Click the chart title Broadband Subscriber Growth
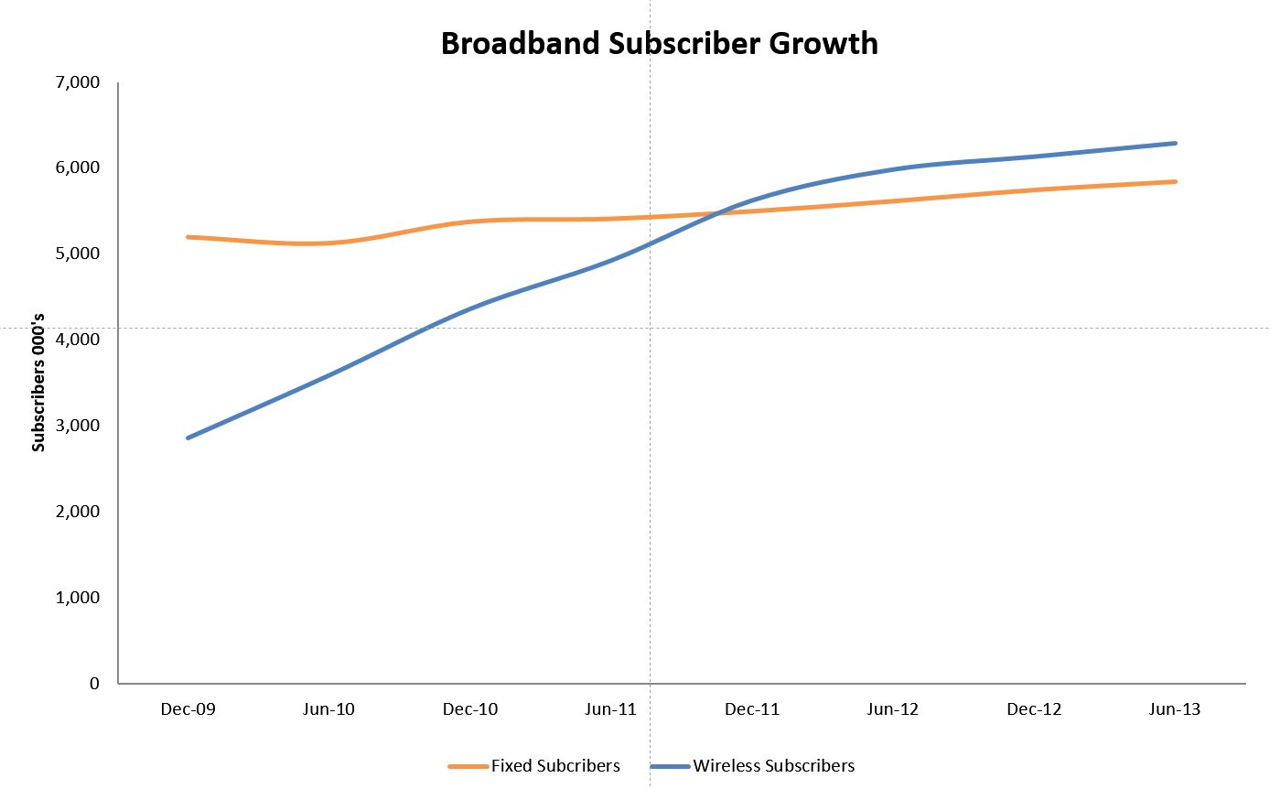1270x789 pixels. pos(659,43)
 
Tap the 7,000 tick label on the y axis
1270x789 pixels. pos(78,82)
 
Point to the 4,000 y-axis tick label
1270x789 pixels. pos(78,340)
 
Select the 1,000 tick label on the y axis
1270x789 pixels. pos(78,598)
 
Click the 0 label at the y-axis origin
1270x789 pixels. pos(94,684)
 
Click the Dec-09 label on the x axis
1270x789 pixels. pos(188,709)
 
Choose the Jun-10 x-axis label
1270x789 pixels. pos(328,709)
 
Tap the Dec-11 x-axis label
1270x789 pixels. pos(752,709)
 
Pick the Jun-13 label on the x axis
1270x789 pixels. pos(1175,709)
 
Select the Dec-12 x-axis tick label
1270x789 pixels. pos(1034,709)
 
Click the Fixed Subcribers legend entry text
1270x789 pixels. pos(555,766)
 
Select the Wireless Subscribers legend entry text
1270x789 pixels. pos(774,766)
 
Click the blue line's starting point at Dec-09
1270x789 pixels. pos(188,438)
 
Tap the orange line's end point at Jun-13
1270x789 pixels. pos(1175,181)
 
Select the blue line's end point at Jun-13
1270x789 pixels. pos(1175,143)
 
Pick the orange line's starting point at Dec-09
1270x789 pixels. pos(188,237)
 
